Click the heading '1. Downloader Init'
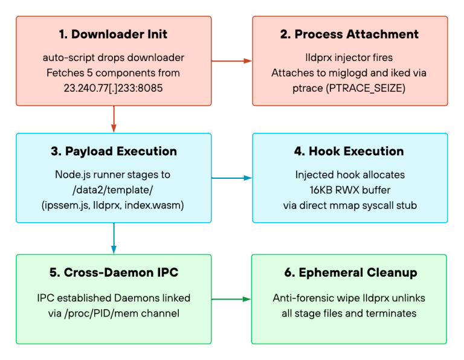pyautogui.click(x=113, y=34)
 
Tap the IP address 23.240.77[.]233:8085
pyautogui.click(x=114, y=88)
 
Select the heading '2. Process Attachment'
pyautogui.click(x=349, y=34)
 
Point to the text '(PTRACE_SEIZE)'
pyautogui.click(x=366, y=88)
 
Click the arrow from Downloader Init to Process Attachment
pyautogui.click(x=232, y=61)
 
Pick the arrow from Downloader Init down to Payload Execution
pyautogui.click(x=114, y=119)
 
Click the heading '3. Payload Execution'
pyautogui.click(x=114, y=151)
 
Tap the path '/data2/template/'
pyautogui.click(x=113, y=190)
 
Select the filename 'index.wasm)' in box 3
pyautogui.click(x=154, y=205)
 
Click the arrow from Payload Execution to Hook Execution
pyautogui.click(x=232, y=178)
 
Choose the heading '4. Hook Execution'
pyautogui.click(x=349, y=151)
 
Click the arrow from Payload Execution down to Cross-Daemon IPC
pyautogui.click(x=114, y=239)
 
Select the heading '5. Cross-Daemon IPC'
pyautogui.click(x=114, y=272)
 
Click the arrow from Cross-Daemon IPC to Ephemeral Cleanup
pyautogui.click(x=231, y=299)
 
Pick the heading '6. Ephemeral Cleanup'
pyautogui.click(x=350, y=272)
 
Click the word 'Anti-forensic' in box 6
pyautogui.click(x=303, y=298)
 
